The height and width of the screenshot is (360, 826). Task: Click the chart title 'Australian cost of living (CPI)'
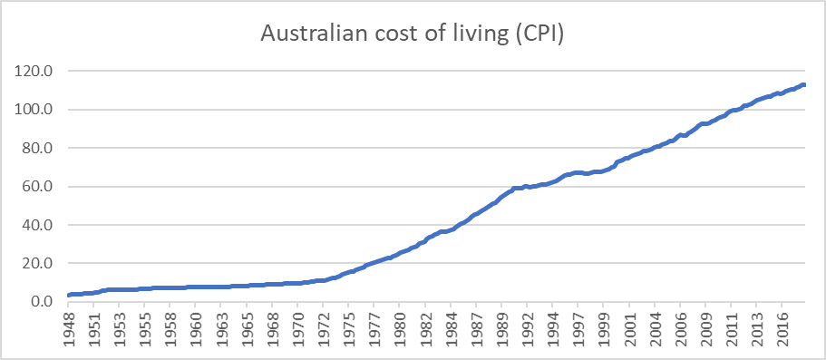(x=413, y=35)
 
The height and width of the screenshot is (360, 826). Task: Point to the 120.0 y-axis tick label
(x=38, y=71)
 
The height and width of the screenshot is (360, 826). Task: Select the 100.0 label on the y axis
(x=38, y=110)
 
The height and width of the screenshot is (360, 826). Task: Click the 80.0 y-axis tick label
(x=42, y=148)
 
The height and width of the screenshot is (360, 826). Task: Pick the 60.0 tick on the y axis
(x=42, y=187)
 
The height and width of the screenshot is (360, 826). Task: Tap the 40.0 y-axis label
(x=42, y=225)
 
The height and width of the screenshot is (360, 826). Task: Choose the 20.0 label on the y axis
(x=42, y=263)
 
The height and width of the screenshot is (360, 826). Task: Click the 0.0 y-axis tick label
(x=44, y=301)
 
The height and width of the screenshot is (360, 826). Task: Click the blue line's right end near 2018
(x=804, y=84)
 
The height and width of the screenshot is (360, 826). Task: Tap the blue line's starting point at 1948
(x=69, y=296)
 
